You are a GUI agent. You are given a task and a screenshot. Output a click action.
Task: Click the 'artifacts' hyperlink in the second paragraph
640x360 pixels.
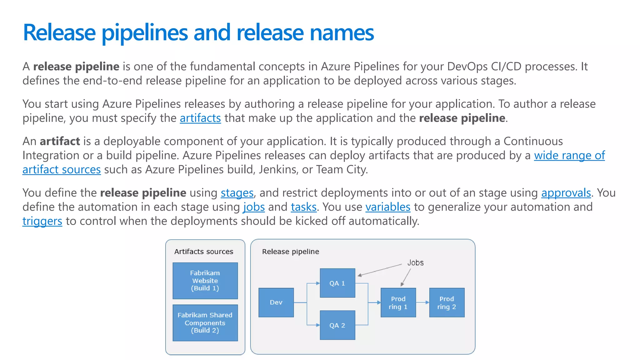coord(200,118)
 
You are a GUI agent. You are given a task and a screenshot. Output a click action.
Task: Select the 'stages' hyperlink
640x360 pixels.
coord(237,193)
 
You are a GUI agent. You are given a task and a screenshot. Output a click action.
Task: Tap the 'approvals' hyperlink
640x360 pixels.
coord(566,193)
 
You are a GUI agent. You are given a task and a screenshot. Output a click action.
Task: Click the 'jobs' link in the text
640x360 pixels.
coord(254,207)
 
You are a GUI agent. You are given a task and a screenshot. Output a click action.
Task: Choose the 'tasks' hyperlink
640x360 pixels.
coord(304,207)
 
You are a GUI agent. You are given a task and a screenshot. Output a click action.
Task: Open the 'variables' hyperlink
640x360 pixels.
coord(388,207)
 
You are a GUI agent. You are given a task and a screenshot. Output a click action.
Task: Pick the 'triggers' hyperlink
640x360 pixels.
coord(42,221)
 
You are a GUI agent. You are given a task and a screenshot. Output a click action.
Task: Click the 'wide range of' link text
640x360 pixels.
coord(569,155)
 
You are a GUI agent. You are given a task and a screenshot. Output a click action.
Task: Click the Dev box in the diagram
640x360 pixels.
coord(276,302)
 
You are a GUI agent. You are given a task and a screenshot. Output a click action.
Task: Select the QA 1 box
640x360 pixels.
coord(337,283)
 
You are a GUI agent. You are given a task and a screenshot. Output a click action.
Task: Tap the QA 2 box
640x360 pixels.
coord(337,325)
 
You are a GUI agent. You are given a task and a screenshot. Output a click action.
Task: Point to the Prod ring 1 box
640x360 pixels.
coord(398,302)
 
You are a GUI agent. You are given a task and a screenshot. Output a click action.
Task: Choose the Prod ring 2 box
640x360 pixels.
coord(447,302)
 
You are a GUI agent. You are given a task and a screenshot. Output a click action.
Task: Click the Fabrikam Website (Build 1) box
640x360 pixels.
coord(205,281)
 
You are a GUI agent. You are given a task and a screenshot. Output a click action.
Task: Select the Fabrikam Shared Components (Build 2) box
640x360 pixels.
coord(205,322)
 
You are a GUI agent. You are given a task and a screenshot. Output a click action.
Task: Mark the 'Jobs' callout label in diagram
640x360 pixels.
coord(415,263)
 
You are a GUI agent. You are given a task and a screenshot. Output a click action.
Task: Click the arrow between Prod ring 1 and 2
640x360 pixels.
coord(422,302)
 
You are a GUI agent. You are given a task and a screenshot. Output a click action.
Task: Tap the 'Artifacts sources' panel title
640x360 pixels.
coord(204,252)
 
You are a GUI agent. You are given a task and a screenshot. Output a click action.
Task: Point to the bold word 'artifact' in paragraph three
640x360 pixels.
coord(60,141)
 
